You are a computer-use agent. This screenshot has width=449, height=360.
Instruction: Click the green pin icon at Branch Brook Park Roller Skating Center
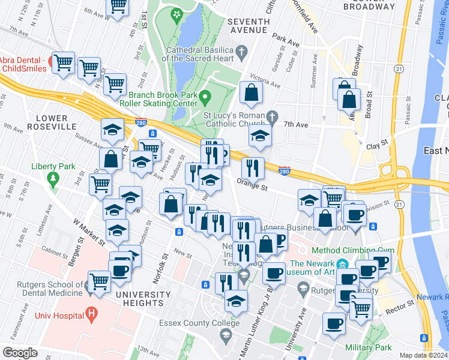point(205,96)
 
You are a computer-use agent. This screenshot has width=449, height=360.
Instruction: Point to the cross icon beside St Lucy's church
point(272,115)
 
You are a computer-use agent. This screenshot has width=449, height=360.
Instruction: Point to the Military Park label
point(369,347)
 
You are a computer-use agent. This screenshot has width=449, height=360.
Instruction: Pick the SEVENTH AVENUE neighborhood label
point(248,25)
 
